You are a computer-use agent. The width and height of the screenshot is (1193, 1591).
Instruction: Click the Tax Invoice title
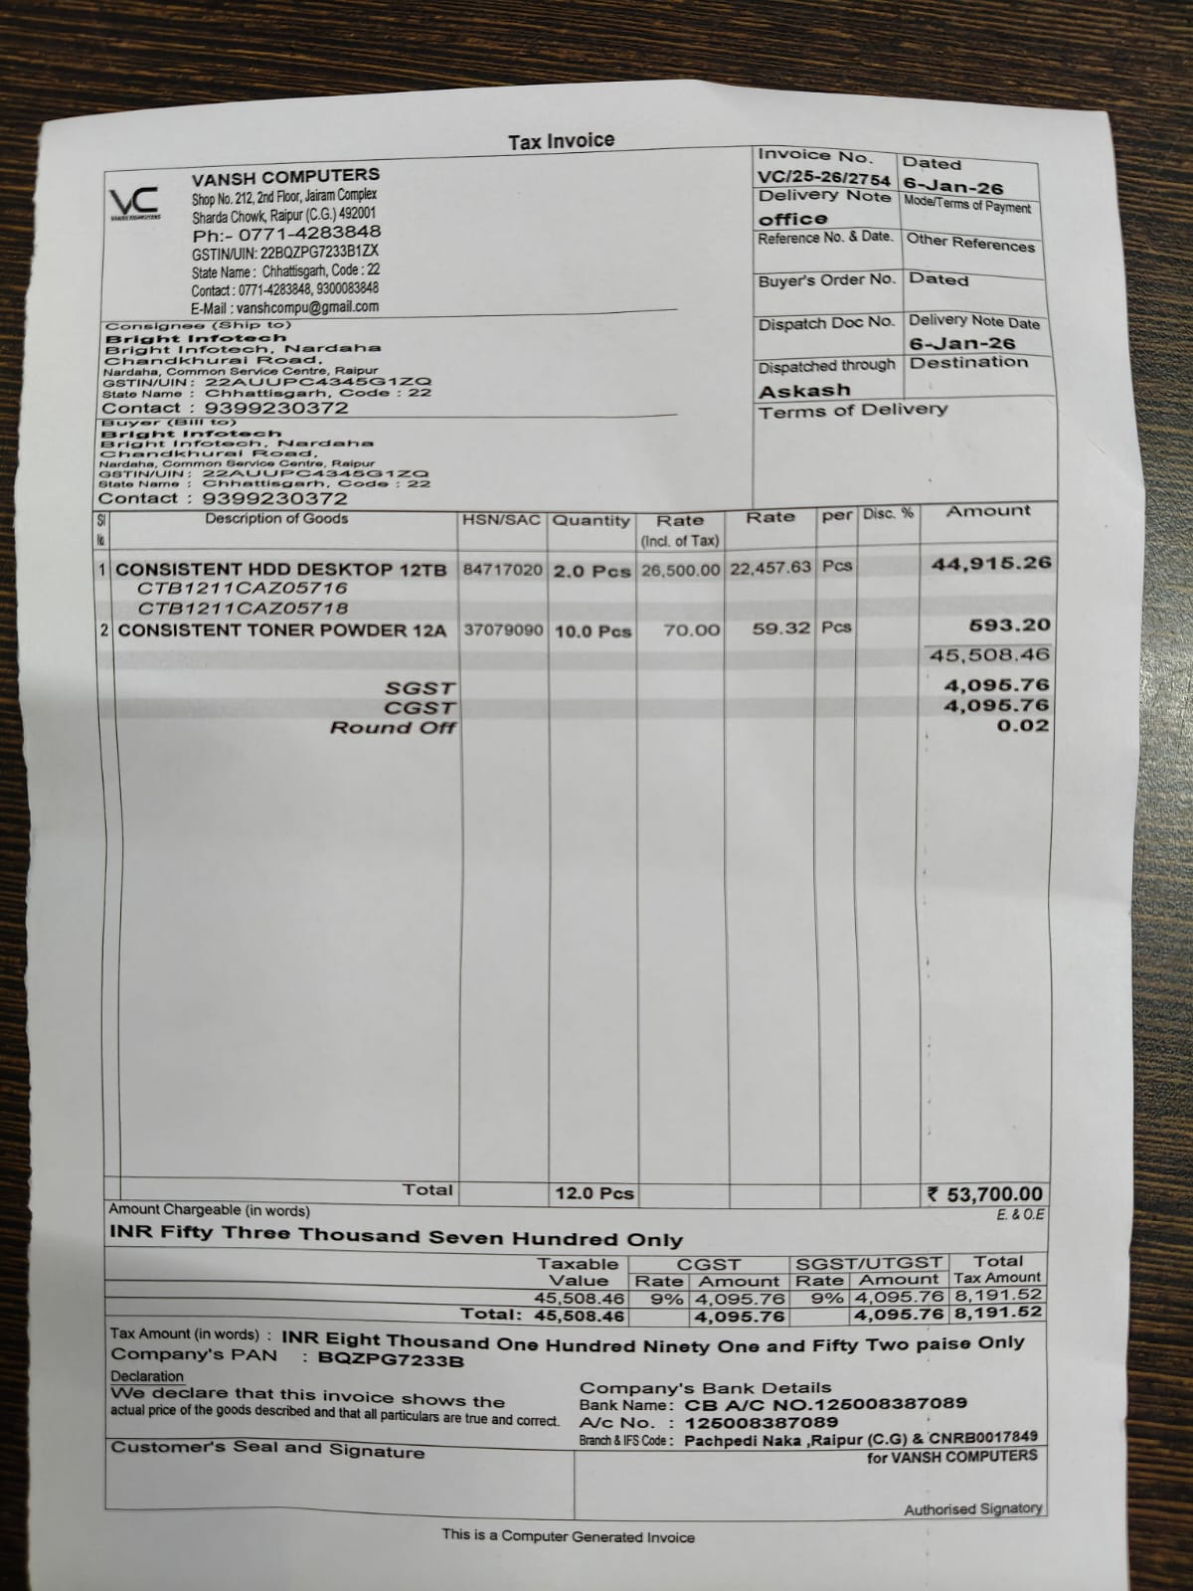[x=561, y=141]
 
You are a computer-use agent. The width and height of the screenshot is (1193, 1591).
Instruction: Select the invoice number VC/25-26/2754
[x=824, y=176]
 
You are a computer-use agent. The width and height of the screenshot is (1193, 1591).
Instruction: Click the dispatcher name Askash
[x=804, y=390]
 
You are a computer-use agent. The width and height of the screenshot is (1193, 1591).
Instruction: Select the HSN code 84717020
[x=503, y=570]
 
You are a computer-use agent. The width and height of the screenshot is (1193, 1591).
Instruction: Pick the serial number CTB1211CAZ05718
[x=243, y=608]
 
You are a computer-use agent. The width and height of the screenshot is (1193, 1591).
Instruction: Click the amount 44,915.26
[x=990, y=563]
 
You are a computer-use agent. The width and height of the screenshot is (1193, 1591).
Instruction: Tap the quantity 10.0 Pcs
[x=593, y=630]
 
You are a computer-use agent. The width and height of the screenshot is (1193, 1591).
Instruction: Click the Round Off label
[x=393, y=727]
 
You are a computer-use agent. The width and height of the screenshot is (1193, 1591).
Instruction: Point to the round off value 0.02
[x=1022, y=725]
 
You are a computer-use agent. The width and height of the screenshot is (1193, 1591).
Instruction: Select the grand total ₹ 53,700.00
[x=985, y=1193]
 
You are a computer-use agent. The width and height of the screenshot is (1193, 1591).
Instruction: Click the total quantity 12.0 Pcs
[x=594, y=1193]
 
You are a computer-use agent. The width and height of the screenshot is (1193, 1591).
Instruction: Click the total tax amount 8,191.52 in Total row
[x=997, y=1313]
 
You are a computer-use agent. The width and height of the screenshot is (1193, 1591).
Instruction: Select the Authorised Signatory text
[x=972, y=1508]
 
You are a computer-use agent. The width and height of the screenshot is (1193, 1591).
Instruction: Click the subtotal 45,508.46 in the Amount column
[x=987, y=654]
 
